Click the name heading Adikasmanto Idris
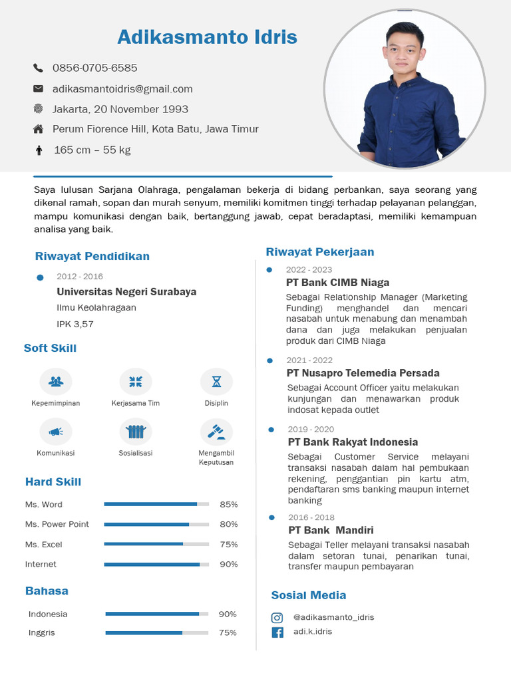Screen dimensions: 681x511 [x=207, y=37]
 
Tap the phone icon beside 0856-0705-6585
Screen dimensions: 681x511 [x=38, y=68]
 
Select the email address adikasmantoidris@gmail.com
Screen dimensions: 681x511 [x=122, y=89]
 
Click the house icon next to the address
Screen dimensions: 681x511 [x=38, y=129]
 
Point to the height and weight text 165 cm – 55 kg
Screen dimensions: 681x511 [x=92, y=150]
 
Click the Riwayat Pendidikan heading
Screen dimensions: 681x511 [x=92, y=257]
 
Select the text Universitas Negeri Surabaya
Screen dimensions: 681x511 [x=126, y=292]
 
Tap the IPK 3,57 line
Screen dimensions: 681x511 [x=75, y=325]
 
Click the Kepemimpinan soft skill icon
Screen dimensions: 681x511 [x=56, y=382]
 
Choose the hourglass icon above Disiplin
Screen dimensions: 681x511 [x=216, y=382]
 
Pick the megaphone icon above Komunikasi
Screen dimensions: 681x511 [x=56, y=432]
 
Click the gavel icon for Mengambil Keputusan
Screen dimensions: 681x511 [x=216, y=432]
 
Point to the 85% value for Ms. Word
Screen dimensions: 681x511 [x=228, y=505]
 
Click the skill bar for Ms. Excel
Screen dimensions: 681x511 [x=156, y=544]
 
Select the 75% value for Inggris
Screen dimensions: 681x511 [x=228, y=633]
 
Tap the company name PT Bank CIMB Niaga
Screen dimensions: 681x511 [x=337, y=283]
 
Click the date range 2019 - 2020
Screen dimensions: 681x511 [x=311, y=430]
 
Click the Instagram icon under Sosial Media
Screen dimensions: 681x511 [x=277, y=618]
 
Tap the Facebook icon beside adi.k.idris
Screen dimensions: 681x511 [x=277, y=632]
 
